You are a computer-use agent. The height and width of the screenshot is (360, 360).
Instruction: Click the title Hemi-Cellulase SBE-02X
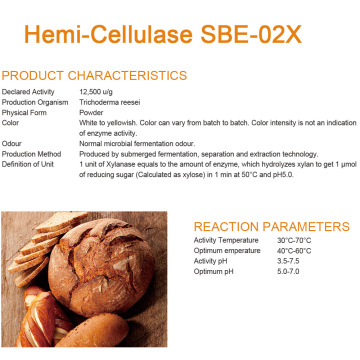179,32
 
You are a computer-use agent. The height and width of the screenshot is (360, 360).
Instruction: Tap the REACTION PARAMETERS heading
260,226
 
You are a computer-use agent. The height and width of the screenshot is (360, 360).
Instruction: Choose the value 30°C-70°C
294,240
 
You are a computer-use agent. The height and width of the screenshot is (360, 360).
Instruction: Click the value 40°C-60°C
294,249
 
